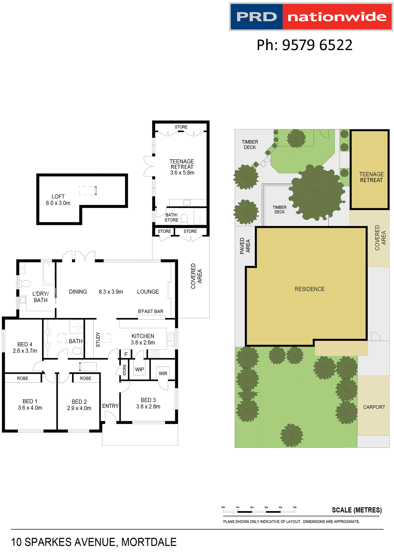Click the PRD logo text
point(256,17)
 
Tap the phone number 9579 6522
point(317,45)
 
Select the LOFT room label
point(58,196)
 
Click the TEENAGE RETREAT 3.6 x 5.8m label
point(182,167)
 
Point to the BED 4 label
point(25,344)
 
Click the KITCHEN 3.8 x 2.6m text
point(143,339)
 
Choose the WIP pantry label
point(139,370)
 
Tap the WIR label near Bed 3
point(163,374)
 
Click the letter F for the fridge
point(126,355)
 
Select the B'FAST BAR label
point(150,311)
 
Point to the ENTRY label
point(110,406)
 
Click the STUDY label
point(98,340)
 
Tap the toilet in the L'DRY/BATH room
point(25,284)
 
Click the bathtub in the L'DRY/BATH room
point(49,274)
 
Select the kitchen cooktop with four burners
point(155,354)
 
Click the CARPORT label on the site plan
point(374,407)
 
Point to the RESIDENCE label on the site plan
point(310,289)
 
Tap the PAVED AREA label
point(245,246)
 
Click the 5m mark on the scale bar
point(295,507)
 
